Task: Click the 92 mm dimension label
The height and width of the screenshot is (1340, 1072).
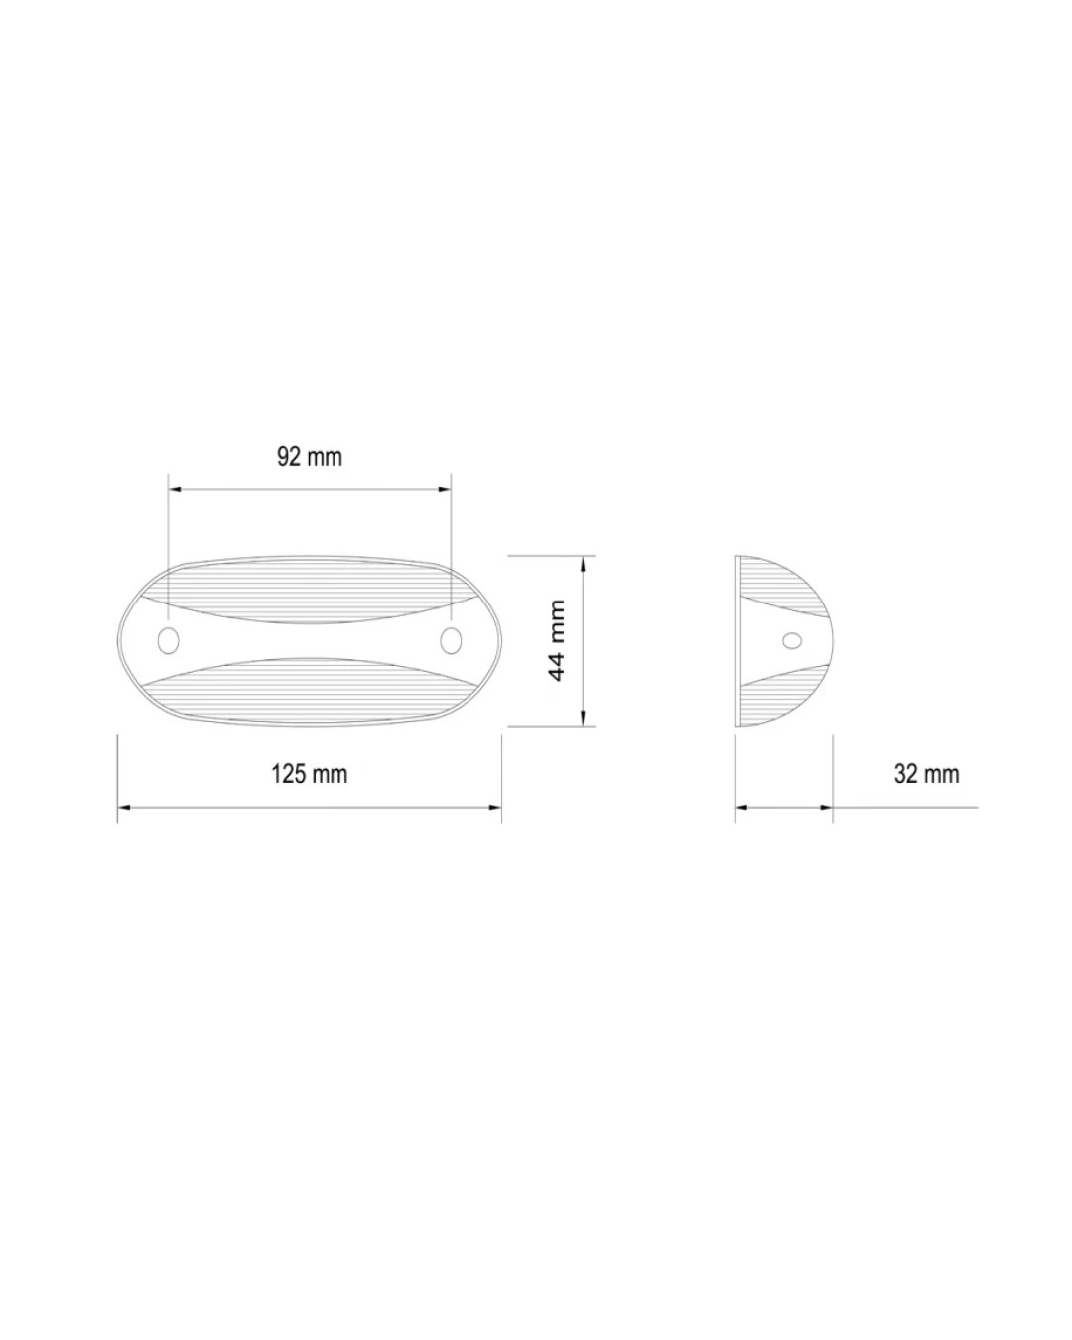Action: point(310,457)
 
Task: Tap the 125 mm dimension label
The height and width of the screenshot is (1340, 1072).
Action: point(309,774)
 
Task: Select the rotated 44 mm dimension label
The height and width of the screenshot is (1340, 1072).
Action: point(556,640)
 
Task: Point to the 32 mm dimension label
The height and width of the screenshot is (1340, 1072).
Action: point(926,774)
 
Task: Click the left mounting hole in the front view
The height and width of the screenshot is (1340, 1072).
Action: point(168,641)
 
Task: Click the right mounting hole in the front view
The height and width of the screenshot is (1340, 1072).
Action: point(451,641)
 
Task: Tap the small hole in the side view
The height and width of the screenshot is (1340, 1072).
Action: point(792,640)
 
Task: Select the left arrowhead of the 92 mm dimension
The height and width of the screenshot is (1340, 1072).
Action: point(175,489)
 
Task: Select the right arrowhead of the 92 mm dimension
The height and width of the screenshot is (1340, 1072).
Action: point(444,489)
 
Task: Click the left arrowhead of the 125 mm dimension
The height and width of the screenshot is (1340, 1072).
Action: point(124,808)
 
